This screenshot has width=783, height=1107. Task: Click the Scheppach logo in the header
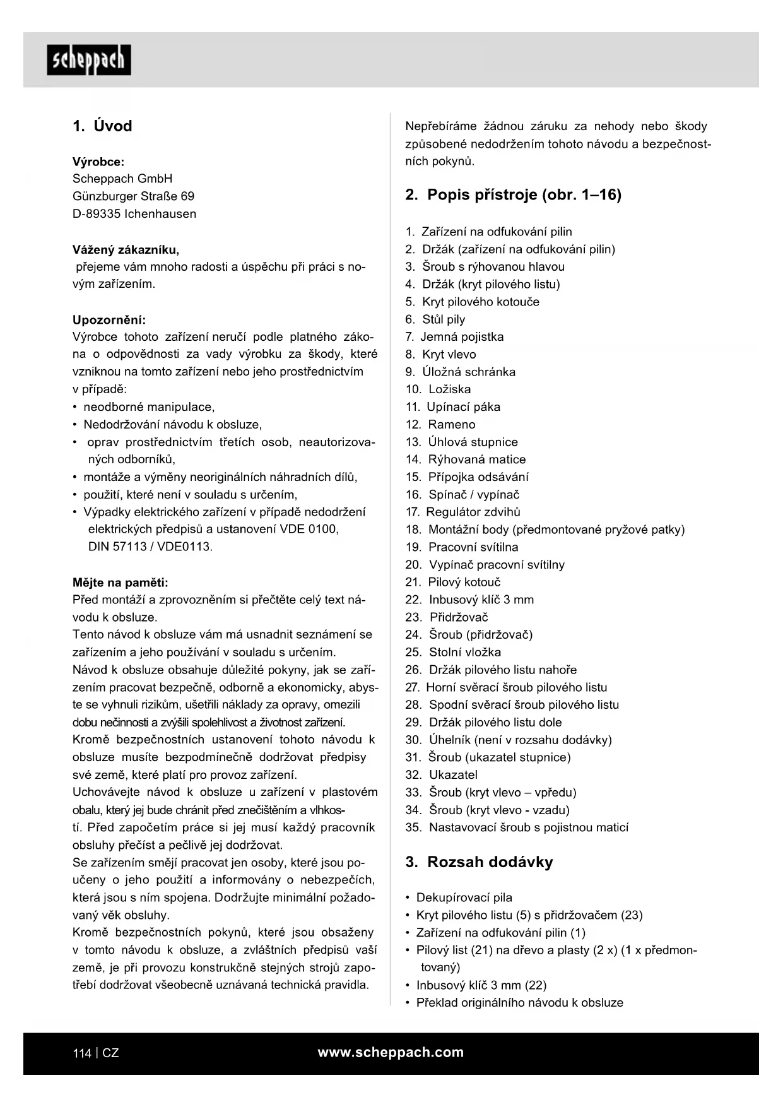[x=89, y=60]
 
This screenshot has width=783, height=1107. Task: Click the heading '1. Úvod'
[x=102, y=126]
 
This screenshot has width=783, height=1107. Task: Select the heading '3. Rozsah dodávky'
[x=479, y=862]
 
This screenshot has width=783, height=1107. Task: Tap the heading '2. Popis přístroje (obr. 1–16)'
[x=513, y=195]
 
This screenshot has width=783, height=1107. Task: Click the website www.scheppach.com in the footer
[x=391, y=1052]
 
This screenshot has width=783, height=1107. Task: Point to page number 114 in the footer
[x=82, y=1053]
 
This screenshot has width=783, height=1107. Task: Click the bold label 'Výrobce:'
[x=98, y=162]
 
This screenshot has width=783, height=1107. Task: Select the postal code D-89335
[x=96, y=214]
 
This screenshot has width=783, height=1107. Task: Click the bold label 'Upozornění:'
[x=109, y=319]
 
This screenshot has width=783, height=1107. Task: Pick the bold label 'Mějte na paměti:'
[x=121, y=583]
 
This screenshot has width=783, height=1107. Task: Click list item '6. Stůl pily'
[x=435, y=319]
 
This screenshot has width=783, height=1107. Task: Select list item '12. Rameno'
[x=440, y=425]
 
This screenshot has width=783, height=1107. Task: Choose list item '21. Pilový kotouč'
[x=452, y=583]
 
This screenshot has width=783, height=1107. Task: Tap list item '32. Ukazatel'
[x=441, y=775]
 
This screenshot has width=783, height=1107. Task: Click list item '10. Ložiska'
[x=438, y=389]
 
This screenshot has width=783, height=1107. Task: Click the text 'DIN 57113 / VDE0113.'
[x=150, y=547]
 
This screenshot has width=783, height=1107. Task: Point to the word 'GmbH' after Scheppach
[x=155, y=179]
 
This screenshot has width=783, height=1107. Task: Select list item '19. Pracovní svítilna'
[x=461, y=547]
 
